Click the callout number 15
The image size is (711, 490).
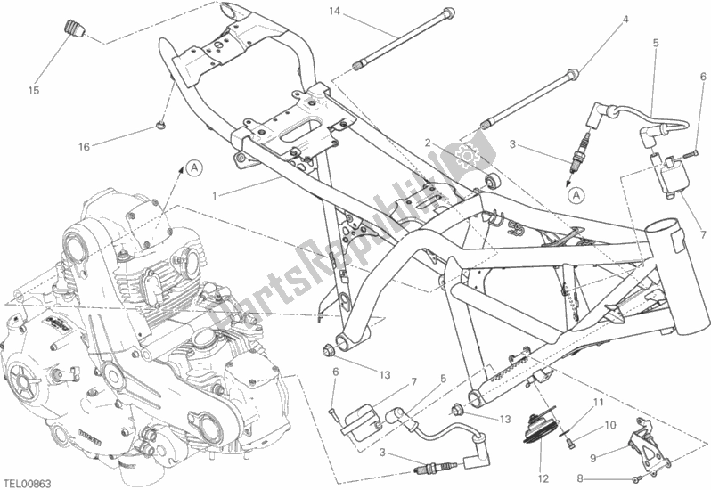pyautogui.click(x=33, y=90)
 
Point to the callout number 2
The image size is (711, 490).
pyautogui.click(x=428, y=143)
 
